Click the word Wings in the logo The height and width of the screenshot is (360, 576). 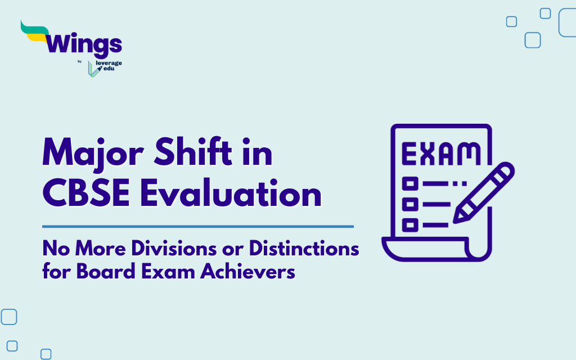[x=84, y=44]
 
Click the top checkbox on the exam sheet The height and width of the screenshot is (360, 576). [x=411, y=183]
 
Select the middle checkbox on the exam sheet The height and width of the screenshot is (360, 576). [x=411, y=204]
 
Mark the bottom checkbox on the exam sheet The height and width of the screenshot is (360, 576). [x=411, y=224]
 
